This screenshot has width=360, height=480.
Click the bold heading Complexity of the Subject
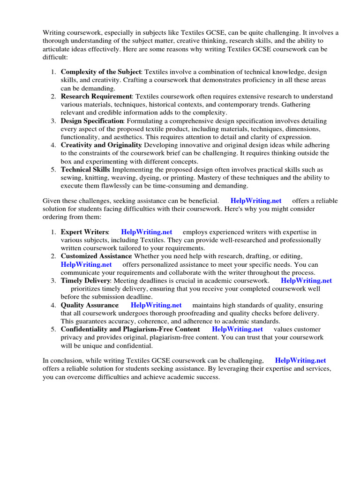[101, 72]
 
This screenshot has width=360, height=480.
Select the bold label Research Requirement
[97, 97]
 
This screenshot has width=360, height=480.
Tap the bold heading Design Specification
[92, 121]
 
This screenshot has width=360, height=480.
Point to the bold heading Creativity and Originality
[101, 145]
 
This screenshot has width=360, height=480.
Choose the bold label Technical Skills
[85, 170]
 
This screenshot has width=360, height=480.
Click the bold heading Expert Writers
[85, 232]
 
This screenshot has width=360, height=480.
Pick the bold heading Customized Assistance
[96, 256]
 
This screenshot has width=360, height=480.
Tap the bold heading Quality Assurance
[90, 305]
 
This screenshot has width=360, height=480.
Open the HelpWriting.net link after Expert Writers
[146, 232]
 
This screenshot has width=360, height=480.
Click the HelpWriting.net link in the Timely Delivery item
[306, 281]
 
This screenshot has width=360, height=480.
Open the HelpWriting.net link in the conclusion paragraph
[300, 360]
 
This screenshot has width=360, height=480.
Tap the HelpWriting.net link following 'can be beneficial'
[255, 201]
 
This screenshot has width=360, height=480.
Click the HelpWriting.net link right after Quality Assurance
[156, 305]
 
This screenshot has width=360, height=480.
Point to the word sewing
[70, 178]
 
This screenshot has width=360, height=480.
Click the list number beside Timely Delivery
[53, 281]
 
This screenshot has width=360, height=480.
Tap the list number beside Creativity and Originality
[53, 145]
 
